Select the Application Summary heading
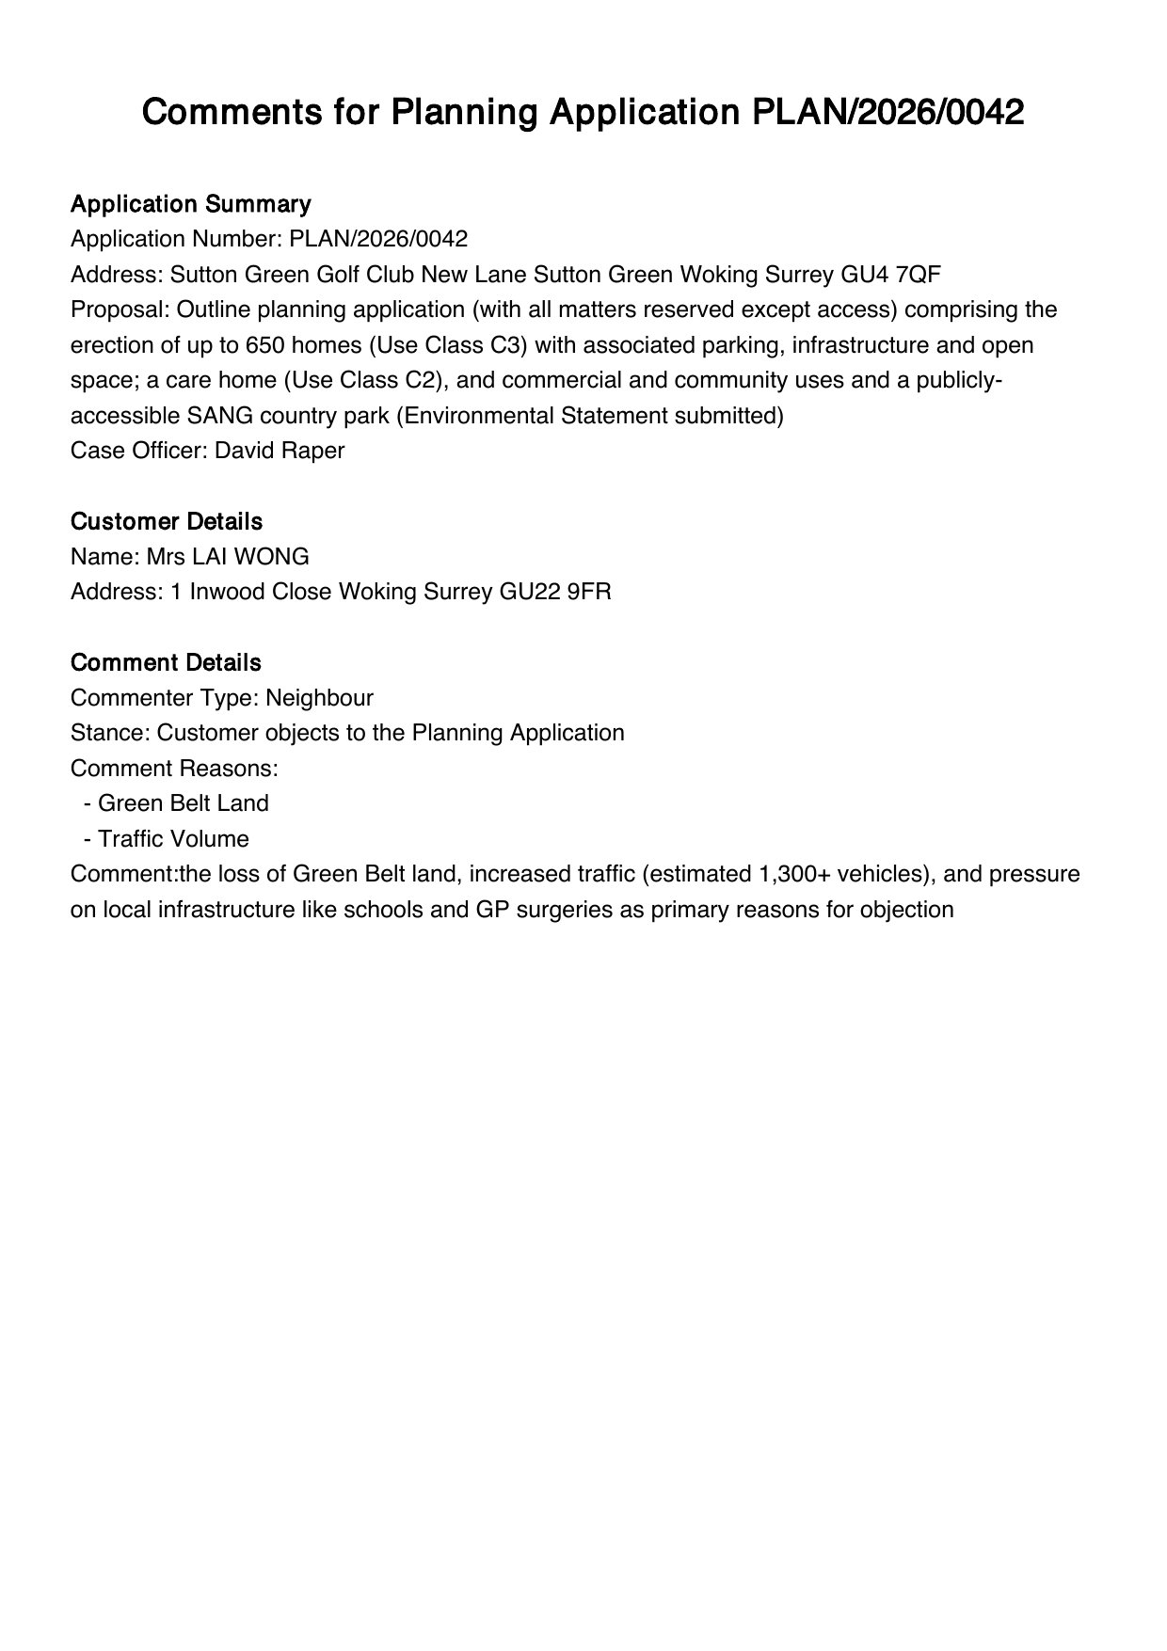point(190,204)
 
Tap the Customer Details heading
point(167,521)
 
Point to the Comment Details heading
point(166,662)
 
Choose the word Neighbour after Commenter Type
point(319,698)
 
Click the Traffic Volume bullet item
point(173,839)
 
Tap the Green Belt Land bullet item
point(184,803)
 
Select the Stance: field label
point(110,733)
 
